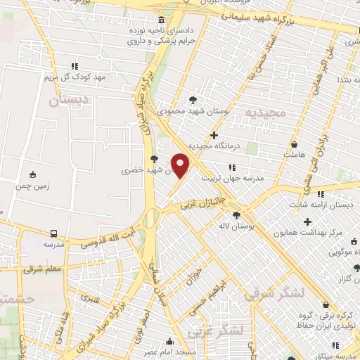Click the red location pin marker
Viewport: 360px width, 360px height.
[181, 165]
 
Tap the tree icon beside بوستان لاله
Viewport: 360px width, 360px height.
[236, 215]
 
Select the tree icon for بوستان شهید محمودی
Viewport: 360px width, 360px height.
[194, 100]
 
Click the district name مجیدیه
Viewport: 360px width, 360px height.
[266, 112]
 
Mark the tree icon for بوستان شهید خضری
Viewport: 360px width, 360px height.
[154, 159]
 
